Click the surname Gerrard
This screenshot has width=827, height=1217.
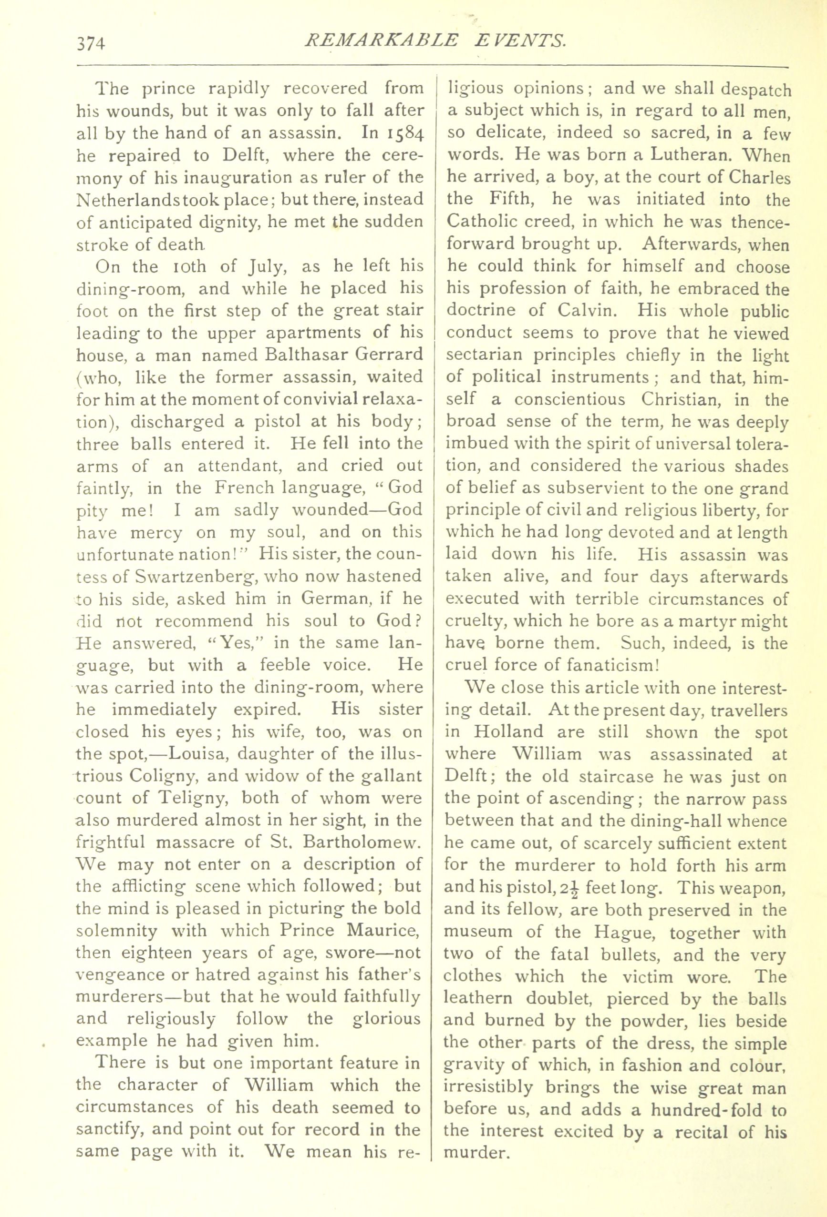pyautogui.click(x=386, y=355)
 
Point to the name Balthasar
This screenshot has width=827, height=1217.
pyautogui.click(x=302, y=355)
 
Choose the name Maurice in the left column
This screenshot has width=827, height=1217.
pyautogui.click(x=386, y=932)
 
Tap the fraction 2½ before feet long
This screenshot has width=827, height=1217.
pyautogui.click(x=566, y=888)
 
